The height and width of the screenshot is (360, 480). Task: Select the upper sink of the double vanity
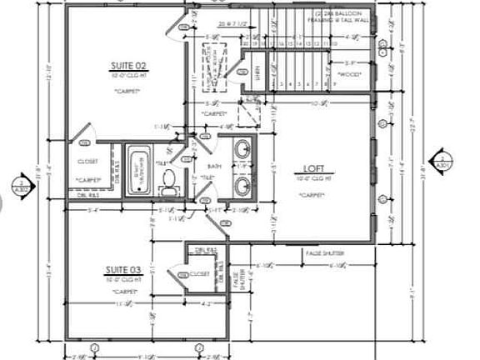pyautogui.click(x=242, y=151)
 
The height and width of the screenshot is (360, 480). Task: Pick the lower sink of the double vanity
pyautogui.click(x=242, y=184)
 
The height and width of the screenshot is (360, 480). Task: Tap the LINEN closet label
pyautogui.click(x=256, y=74)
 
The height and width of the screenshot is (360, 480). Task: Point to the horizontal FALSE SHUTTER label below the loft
pyautogui.click(x=324, y=252)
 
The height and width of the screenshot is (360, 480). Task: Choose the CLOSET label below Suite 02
pyautogui.click(x=87, y=161)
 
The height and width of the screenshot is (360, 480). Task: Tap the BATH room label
pyautogui.click(x=214, y=167)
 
